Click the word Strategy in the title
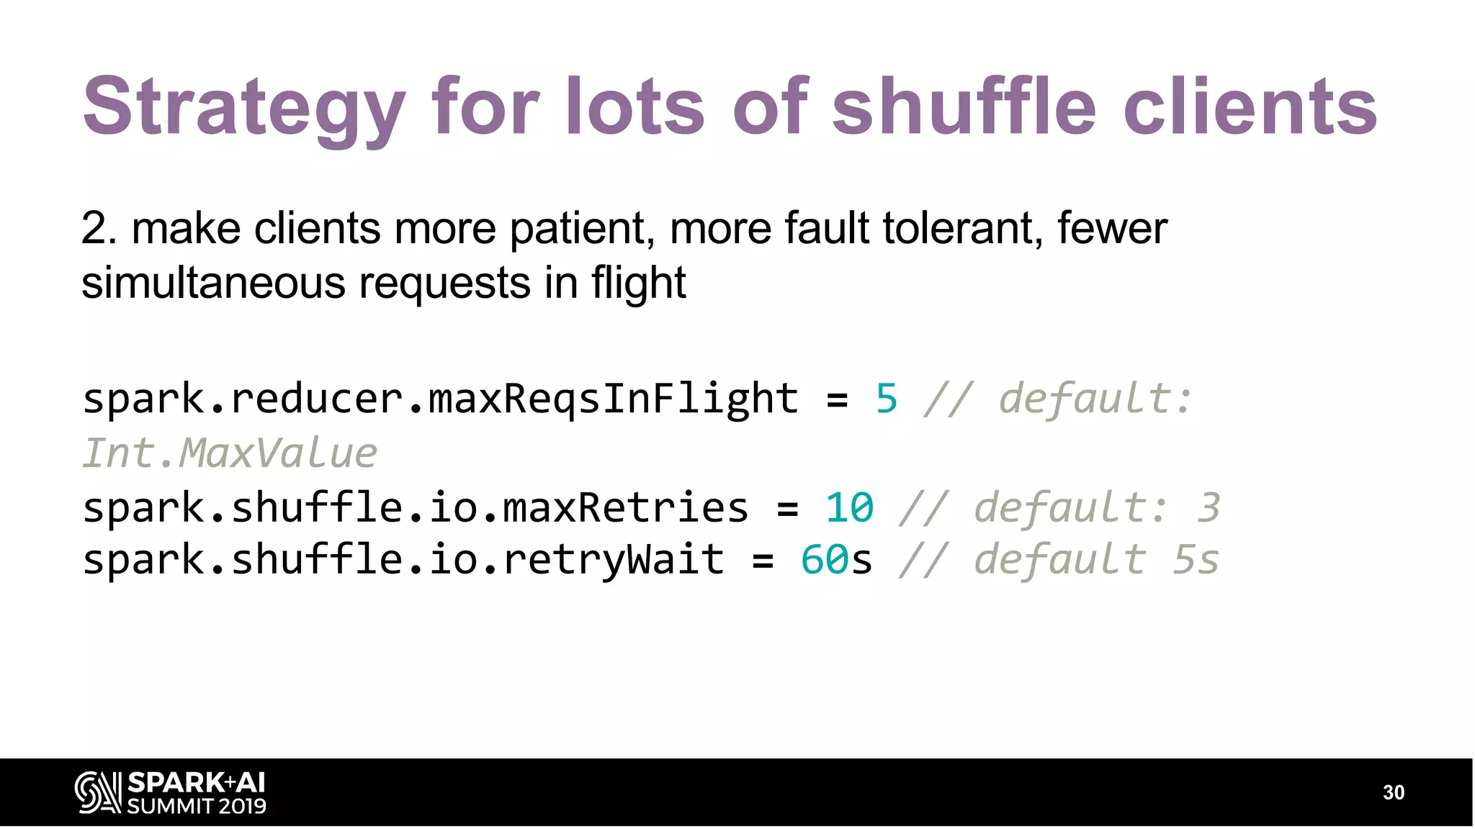[x=245, y=108]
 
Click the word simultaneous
[x=213, y=283]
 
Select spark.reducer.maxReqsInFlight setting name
[x=440, y=399]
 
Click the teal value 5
[x=887, y=399]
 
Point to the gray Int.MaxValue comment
[x=230, y=453]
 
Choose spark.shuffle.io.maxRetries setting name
[x=416, y=508]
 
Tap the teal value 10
[x=850, y=508]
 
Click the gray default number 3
[x=1209, y=508]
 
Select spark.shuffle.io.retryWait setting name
[x=403, y=561]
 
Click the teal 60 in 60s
[x=825, y=561]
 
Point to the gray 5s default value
[x=1196, y=561]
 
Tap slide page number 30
[x=1394, y=792]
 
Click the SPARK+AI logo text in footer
[x=196, y=783]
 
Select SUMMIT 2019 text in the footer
[x=197, y=807]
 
